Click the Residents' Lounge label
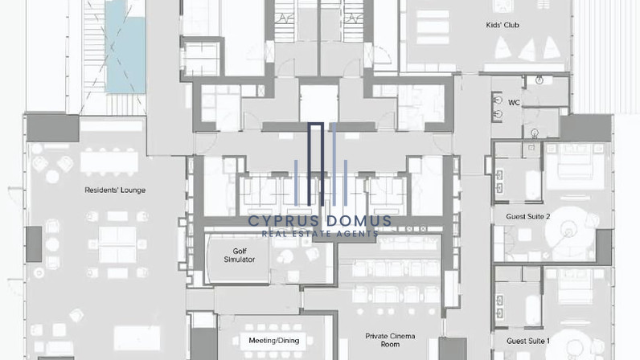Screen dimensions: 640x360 115,190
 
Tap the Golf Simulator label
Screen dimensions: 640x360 239,255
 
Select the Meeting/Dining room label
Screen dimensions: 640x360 274,341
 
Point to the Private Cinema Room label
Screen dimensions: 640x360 390,340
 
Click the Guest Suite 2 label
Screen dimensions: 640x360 528,216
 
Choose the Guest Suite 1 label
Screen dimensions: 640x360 528,341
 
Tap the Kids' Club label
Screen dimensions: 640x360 503,25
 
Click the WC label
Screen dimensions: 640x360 514,102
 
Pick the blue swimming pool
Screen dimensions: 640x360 125,47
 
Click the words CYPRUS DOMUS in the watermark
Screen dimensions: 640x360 319,221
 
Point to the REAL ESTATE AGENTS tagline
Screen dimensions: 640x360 320,234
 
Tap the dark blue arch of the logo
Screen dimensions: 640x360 315,163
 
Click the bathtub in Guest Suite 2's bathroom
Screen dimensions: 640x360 533,185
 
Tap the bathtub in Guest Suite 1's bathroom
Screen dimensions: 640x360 533,310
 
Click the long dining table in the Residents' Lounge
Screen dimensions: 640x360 109,162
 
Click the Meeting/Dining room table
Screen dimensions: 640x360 274,342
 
